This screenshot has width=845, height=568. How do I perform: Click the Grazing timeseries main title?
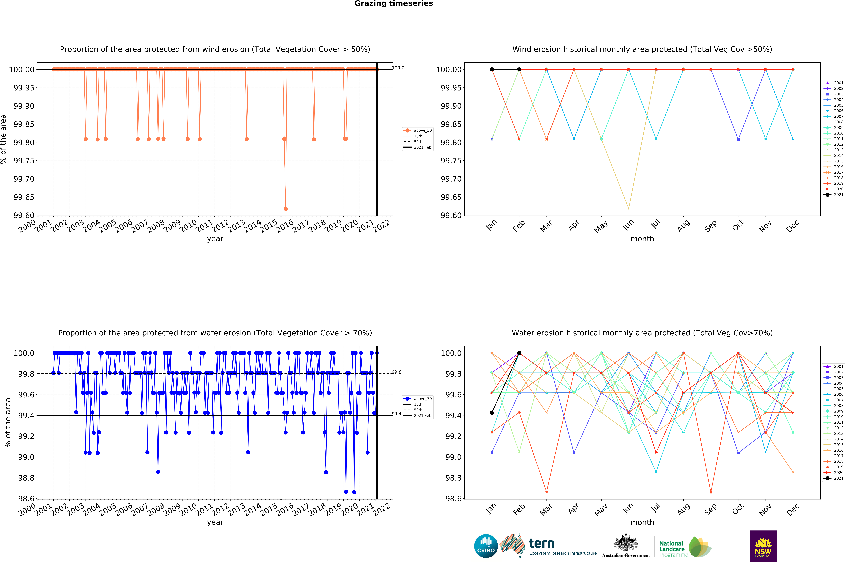[393, 4]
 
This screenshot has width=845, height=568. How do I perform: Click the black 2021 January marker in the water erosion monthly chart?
[491, 413]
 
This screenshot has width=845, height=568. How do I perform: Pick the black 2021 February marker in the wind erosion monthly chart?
[519, 69]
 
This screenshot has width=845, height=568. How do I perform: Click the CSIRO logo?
[486, 546]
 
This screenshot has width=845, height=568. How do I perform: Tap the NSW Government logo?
[763, 546]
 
